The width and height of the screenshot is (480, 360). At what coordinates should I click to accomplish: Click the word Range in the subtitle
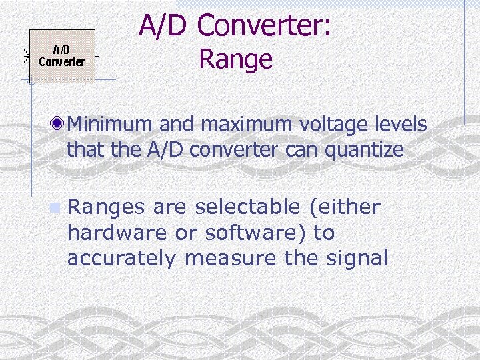[x=236, y=59]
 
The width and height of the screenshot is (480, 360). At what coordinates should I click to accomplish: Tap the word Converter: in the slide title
[x=265, y=26]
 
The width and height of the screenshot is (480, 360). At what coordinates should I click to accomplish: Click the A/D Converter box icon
[x=61, y=55]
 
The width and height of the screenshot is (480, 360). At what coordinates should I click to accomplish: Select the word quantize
[x=364, y=151]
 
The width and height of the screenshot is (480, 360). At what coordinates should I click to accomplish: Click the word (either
[x=344, y=208]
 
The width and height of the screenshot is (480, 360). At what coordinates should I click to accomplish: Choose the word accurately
[x=121, y=259]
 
